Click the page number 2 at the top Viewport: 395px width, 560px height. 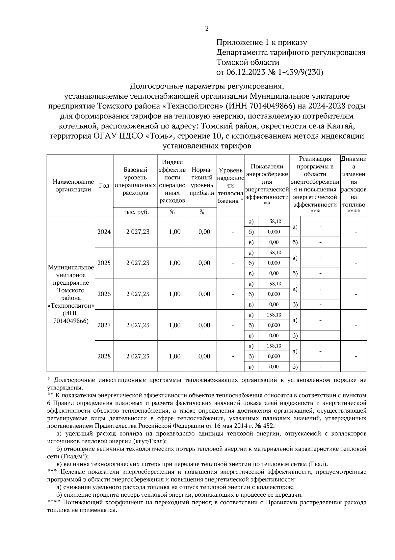207,29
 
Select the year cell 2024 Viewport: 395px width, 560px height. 104,232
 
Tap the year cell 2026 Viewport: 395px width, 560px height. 104,294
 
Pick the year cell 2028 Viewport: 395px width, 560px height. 104,357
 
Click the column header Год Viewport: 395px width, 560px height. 104,186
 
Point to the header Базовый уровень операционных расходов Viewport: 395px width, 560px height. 135,181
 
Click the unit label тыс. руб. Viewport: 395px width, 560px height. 136,212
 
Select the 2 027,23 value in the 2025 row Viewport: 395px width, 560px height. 138,263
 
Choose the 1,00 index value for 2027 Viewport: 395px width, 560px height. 174,326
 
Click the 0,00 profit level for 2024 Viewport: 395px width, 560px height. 204,232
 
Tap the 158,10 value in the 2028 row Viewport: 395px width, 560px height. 274,346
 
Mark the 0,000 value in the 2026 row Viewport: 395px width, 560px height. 274,294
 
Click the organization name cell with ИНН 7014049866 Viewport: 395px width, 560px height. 71,294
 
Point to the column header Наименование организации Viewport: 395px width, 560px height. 71,186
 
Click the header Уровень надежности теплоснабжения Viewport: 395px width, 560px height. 230,186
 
